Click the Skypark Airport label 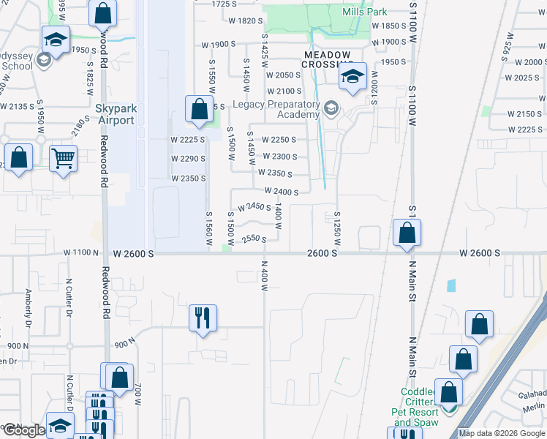click(x=116, y=114)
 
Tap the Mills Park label click(x=365, y=12)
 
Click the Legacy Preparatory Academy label click(x=276, y=109)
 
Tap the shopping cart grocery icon click(x=64, y=157)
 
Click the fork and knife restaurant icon click(x=203, y=318)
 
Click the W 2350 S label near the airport click(x=188, y=179)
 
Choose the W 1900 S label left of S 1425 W click(x=219, y=45)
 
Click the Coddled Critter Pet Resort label click(x=416, y=407)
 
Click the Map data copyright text click(x=502, y=433)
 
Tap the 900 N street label click(x=125, y=342)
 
